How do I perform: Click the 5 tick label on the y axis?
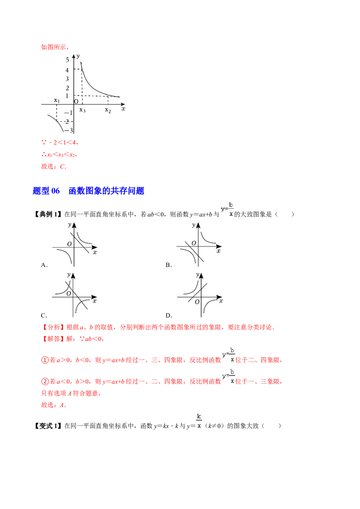point(67,60)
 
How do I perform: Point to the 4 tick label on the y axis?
point(67,70)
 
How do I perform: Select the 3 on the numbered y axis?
point(67,79)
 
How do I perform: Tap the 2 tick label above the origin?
point(67,88)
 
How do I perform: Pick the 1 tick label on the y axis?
point(67,96)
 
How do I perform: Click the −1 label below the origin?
point(68,112)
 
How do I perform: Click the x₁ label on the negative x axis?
point(57,100)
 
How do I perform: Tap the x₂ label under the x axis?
point(108,110)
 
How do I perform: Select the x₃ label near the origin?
point(82,110)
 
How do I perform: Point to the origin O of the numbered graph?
point(76,101)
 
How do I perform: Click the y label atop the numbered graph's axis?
point(78,56)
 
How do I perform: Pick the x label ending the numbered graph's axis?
point(123,109)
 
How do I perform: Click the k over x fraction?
point(199,421)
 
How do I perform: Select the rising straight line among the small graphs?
point(198,292)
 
